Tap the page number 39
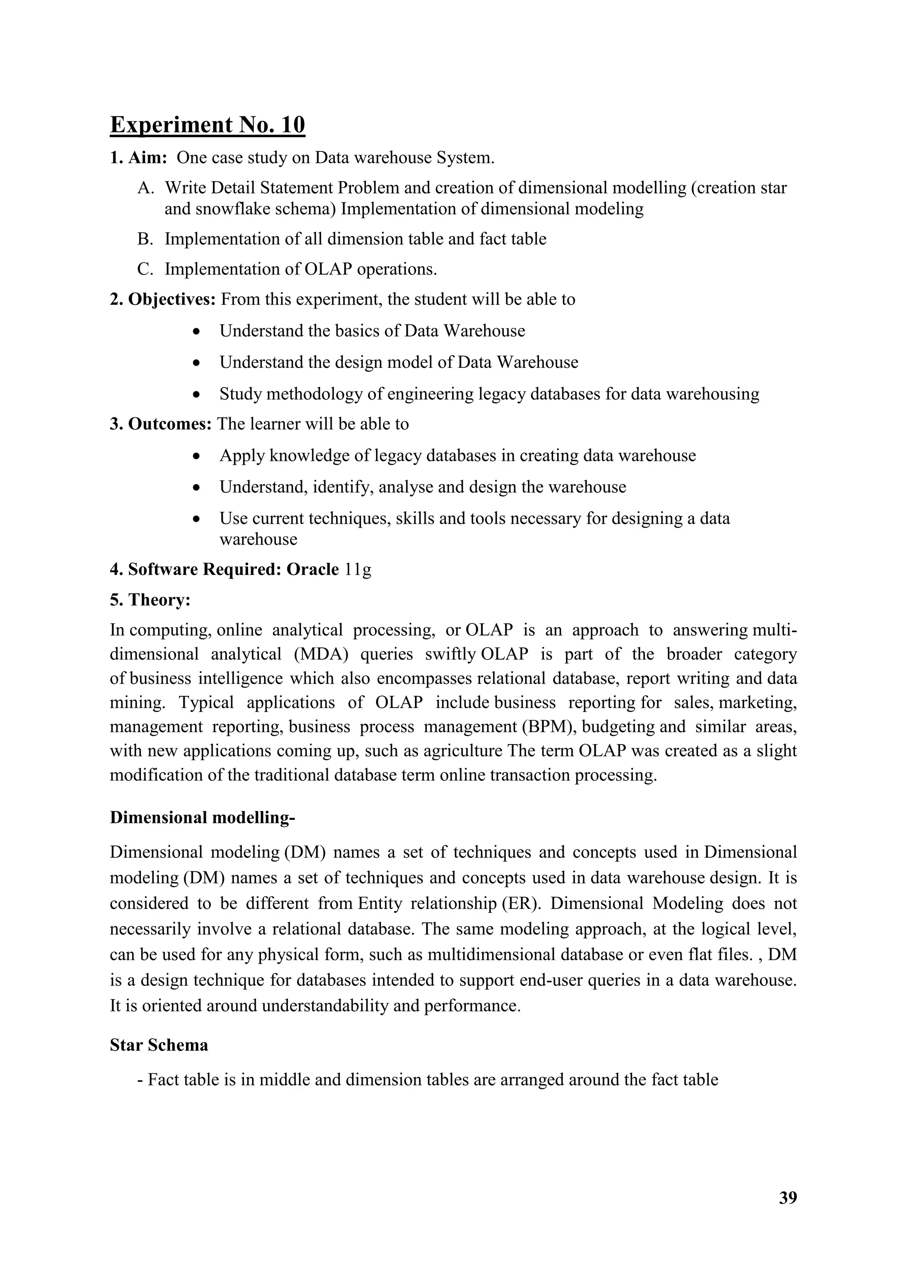[787, 1198]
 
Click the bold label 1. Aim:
[139, 158]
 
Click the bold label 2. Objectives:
[163, 299]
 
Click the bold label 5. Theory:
[150, 600]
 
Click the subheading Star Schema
[159, 1045]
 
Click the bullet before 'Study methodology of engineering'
[195, 394]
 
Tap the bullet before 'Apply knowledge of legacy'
[195, 456]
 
